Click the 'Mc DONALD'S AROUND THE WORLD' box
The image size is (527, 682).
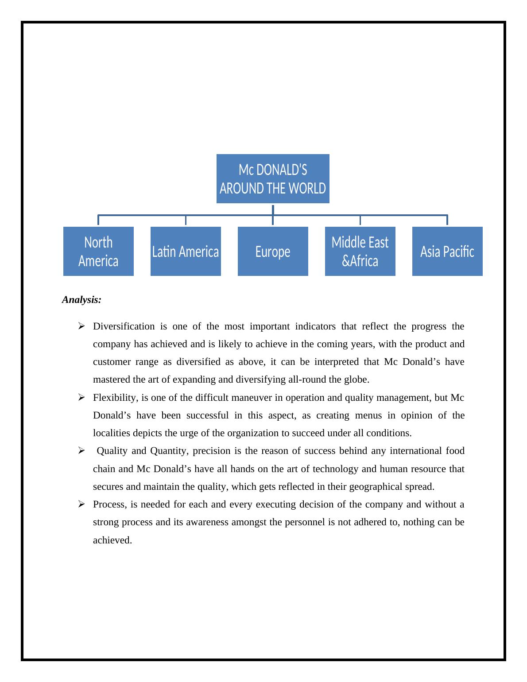point(273,179)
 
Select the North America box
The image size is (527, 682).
point(98,252)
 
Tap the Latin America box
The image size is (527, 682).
point(186,252)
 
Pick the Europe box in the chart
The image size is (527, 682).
point(273,252)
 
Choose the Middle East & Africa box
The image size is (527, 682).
point(360,252)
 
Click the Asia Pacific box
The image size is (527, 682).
point(447,252)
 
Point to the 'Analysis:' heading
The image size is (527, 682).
point(82,300)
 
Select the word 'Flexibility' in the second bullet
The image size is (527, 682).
point(114,398)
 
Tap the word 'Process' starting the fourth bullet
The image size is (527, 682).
point(109,504)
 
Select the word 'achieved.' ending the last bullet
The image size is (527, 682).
point(112,540)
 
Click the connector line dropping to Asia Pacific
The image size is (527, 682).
point(447,220)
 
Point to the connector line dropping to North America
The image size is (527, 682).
point(98,220)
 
